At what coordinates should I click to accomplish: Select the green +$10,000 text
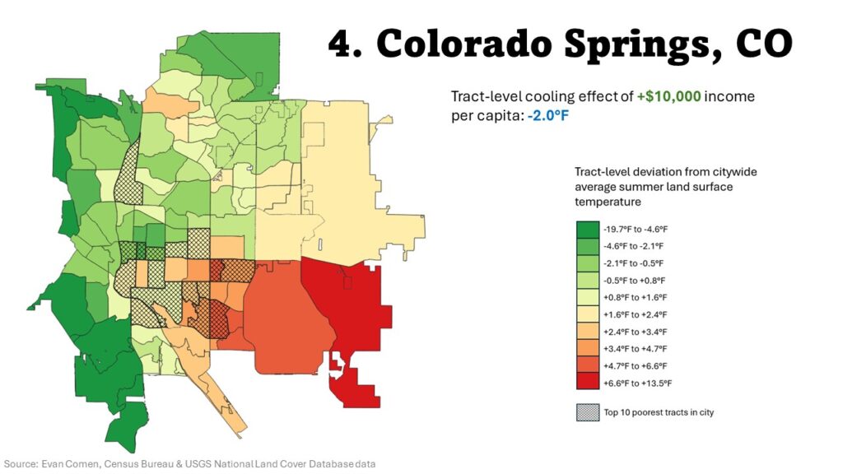click(668, 97)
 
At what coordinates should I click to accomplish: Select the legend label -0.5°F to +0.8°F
click(638, 280)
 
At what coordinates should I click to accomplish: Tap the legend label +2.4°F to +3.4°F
click(638, 332)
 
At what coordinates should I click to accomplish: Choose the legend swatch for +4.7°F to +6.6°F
click(588, 365)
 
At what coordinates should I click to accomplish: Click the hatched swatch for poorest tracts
click(588, 412)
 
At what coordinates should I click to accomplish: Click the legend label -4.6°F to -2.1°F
click(638, 245)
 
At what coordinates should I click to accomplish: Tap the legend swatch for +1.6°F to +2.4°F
click(588, 314)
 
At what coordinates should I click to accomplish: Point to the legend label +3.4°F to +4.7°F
click(638, 349)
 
